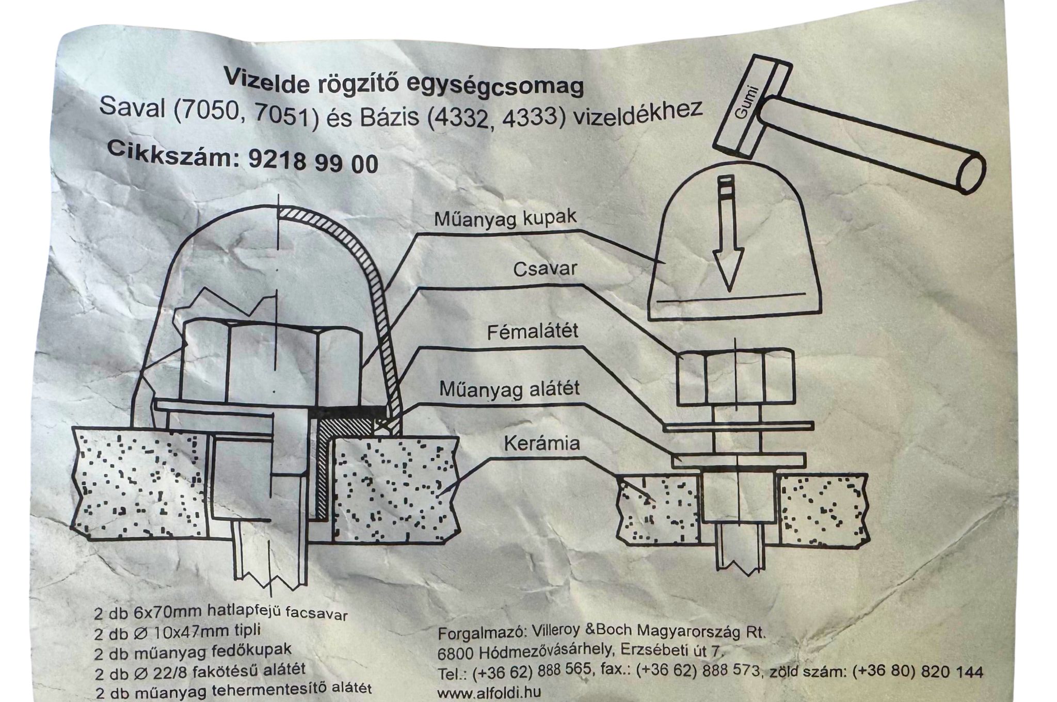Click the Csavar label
(x=544, y=270)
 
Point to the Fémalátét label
(x=533, y=332)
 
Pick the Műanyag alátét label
(x=509, y=389)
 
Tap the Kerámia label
(x=541, y=443)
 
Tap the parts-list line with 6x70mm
(x=221, y=614)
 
